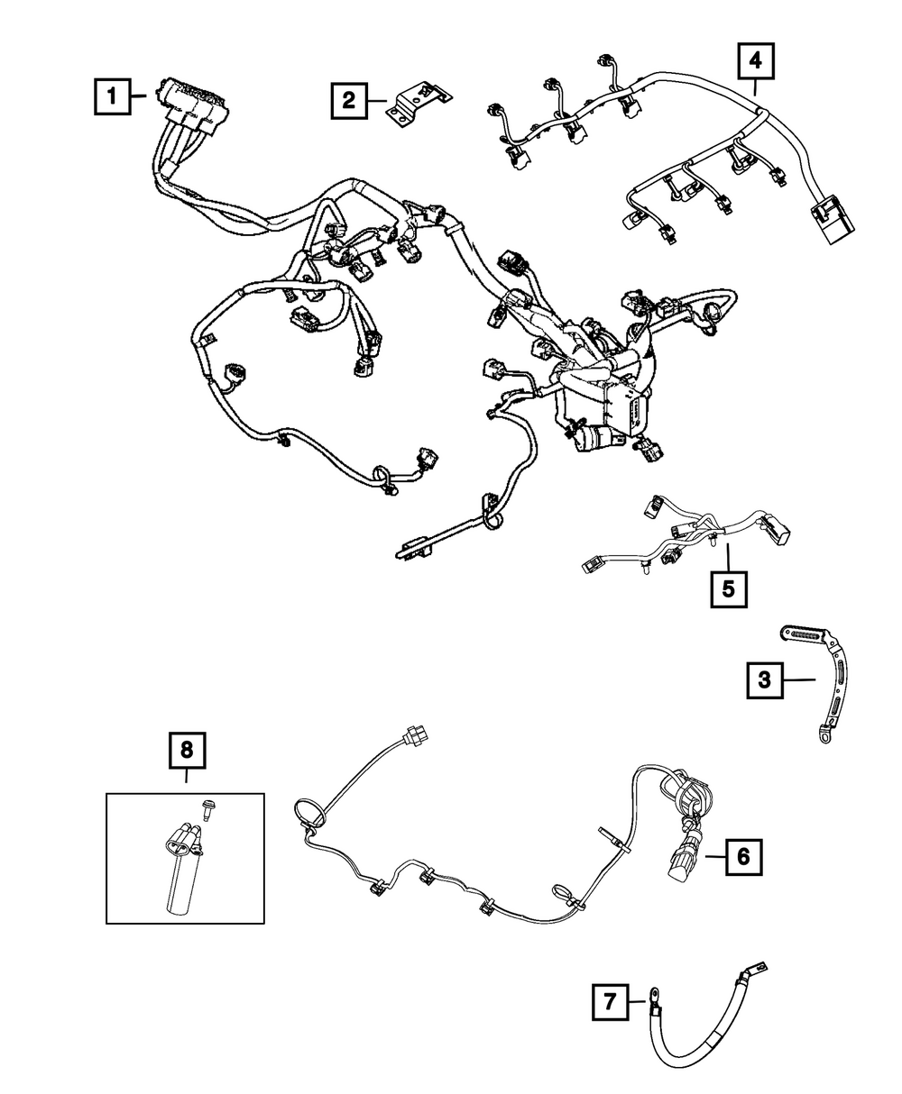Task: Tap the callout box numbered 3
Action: [x=764, y=680]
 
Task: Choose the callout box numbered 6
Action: [x=743, y=857]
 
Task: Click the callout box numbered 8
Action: [x=187, y=750]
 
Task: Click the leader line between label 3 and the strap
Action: [x=800, y=680]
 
